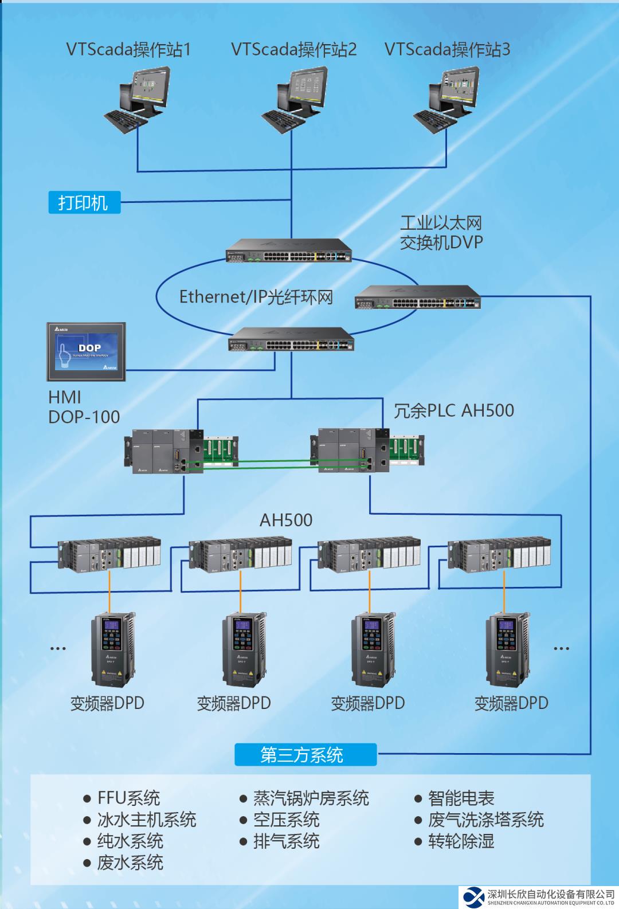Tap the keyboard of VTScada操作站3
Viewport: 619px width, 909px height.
tap(430, 121)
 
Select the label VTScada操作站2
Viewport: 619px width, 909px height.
tap(294, 49)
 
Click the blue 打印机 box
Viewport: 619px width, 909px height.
tap(84, 202)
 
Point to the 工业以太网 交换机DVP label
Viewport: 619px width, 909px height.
tap(441, 232)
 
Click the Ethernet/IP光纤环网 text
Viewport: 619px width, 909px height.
tap(256, 296)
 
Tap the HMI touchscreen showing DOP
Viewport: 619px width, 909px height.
tap(88, 351)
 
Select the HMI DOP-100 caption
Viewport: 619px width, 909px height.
tap(84, 407)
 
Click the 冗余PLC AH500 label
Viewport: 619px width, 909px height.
tap(453, 410)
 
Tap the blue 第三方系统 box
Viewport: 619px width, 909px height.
tap(305, 755)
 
